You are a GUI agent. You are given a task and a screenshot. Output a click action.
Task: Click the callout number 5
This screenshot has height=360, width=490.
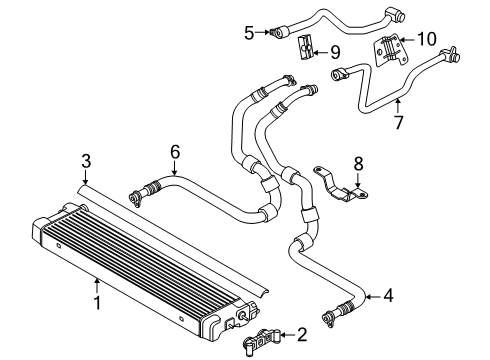249,32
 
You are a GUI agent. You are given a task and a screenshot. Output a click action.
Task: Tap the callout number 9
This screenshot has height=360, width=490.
334,50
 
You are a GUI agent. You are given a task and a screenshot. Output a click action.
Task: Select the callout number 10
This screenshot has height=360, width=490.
426,40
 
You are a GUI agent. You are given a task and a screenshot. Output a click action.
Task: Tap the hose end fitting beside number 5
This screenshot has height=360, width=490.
272,32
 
